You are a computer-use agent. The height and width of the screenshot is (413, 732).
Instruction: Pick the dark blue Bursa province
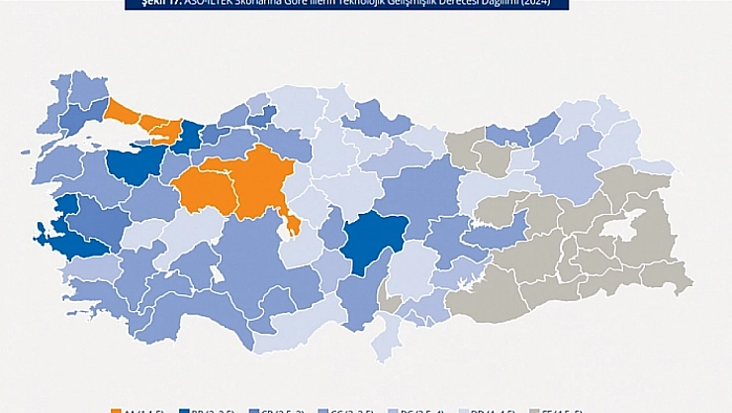pyautogui.click(x=130, y=164)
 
